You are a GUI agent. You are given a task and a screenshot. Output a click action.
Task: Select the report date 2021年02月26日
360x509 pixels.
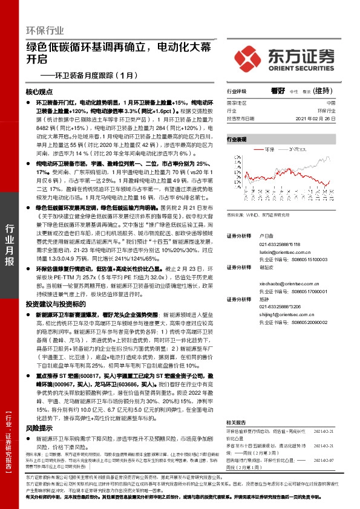tap(321, 118)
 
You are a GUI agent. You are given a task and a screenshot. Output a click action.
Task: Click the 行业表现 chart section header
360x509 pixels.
tap(237, 139)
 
